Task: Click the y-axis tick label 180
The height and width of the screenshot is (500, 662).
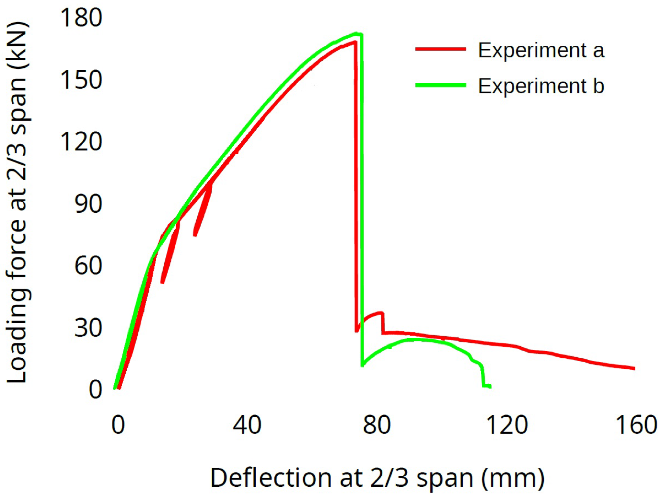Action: click(x=81, y=18)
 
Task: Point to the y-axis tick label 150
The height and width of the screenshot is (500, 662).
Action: click(x=81, y=80)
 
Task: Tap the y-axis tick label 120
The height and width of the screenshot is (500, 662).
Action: click(x=81, y=142)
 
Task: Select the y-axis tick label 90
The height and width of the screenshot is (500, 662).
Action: click(x=88, y=204)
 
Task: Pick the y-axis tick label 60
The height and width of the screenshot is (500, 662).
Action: click(x=88, y=266)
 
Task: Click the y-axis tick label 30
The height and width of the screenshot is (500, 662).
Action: click(x=88, y=327)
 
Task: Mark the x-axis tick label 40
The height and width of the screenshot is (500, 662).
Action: click(x=247, y=425)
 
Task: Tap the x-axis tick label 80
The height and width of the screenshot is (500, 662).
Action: click(x=377, y=425)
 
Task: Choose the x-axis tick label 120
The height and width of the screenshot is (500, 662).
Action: click(x=507, y=425)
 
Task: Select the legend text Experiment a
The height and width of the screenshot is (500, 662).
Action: click(x=541, y=50)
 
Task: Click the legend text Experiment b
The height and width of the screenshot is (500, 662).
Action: click(x=541, y=86)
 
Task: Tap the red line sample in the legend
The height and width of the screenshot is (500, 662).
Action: click(x=441, y=49)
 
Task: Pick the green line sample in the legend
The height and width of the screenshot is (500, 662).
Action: click(x=441, y=85)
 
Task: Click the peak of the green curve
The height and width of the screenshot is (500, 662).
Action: click(x=356, y=33)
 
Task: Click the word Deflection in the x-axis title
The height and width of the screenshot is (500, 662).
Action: click(x=271, y=478)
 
